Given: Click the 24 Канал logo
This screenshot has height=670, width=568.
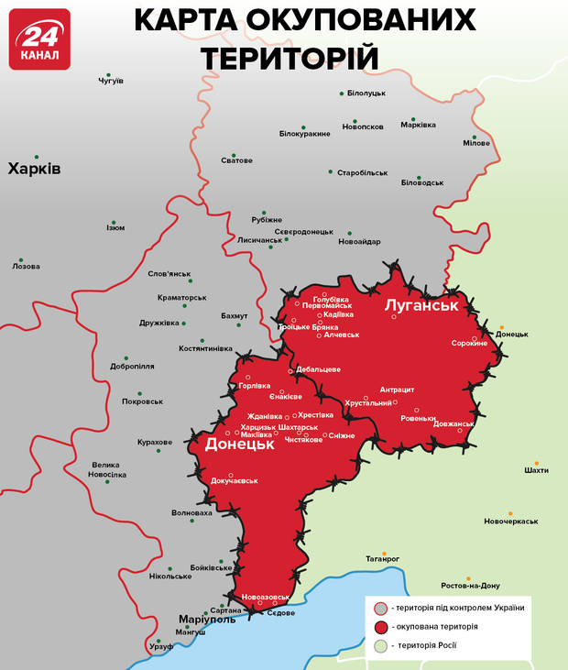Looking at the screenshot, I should (x=39, y=39).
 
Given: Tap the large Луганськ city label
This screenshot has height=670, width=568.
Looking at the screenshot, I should (x=421, y=304).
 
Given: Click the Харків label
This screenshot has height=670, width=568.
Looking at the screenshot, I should (x=34, y=169).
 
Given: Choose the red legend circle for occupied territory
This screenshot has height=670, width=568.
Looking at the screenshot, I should (x=381, y=627).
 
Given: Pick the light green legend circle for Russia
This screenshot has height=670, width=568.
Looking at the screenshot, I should (x=381, y=646).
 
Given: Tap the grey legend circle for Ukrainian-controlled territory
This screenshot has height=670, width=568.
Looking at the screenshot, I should (x=381, y=608).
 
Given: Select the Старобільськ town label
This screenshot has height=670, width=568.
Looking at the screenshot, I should (x=363, y=172).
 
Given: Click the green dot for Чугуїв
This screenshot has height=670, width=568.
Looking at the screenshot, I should (x=109, y=74).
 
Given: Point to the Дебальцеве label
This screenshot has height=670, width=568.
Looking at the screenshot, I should (x=319, y=369).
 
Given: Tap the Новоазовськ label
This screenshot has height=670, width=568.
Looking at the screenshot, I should (x=266, y=597).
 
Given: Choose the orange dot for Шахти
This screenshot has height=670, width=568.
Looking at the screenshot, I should (x=530, y=461).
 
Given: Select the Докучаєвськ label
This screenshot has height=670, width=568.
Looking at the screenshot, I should (x=235, y=480).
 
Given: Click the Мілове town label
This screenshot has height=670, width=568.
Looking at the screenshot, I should (x=476, y=143).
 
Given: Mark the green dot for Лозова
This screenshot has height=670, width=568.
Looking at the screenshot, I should (x=22, y=258).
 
